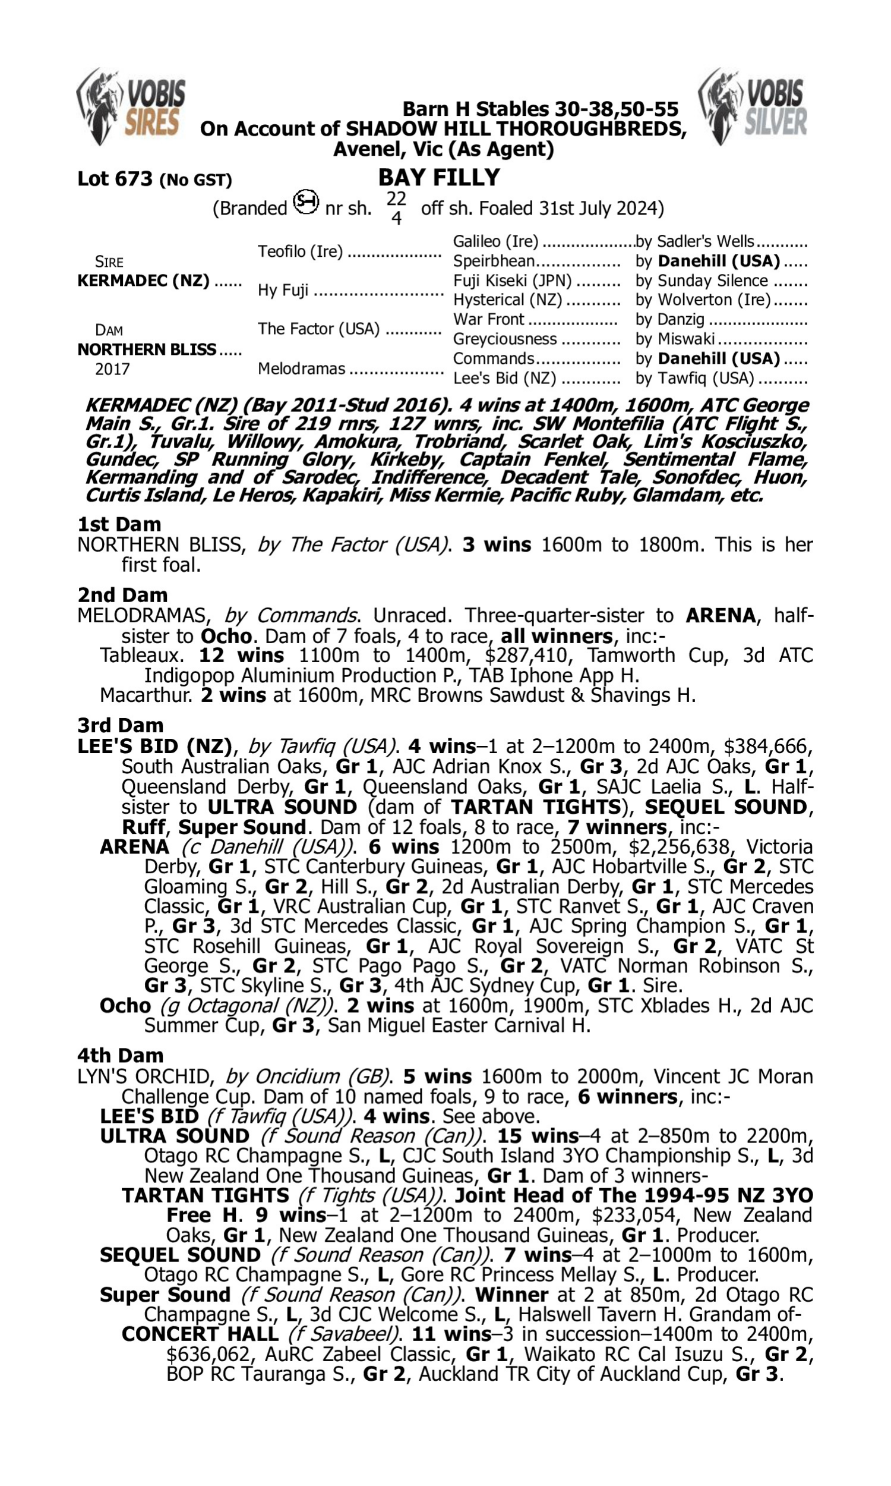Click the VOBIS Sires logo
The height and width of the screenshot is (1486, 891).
131,107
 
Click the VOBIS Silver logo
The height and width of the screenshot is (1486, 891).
753,107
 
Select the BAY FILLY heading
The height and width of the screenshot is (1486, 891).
439,178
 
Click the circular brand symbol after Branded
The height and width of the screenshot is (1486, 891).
305,203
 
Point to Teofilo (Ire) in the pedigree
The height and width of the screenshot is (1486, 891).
300,251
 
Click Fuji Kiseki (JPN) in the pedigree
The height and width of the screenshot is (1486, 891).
512,281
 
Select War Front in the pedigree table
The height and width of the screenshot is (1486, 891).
489,320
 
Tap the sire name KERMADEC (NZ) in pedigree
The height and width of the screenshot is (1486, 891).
144,281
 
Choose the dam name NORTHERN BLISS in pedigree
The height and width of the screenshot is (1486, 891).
147,349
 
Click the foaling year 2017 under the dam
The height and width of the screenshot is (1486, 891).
112,369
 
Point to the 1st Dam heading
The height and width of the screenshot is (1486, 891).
119,524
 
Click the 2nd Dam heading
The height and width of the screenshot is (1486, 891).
122,595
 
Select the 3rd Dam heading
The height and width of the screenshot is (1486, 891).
121,726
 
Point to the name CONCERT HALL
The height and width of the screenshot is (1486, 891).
200,1334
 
